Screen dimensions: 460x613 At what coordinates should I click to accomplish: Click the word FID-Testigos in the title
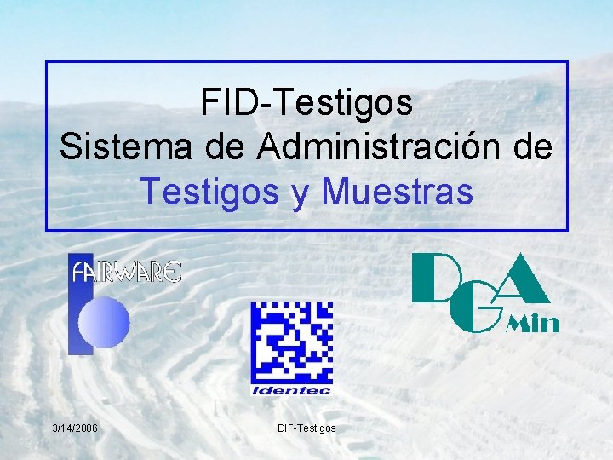[x=306, y=103]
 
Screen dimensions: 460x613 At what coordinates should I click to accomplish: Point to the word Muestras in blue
[x=397, y=193]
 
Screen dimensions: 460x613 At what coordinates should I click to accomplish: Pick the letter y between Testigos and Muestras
[x=301, y=194]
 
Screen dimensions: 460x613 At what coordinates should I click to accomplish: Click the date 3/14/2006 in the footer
[x=74, y=427]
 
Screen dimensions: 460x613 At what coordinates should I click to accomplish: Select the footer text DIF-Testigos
[x=306, y=427]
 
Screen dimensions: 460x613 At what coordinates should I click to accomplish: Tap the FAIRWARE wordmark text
[x=127, y=273]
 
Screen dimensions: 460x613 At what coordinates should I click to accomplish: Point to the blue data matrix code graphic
[x=291, y=342]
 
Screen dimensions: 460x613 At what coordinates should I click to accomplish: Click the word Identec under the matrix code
[x=291, y=390]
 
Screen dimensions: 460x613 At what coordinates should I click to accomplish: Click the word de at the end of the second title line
[x=534, y=148]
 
